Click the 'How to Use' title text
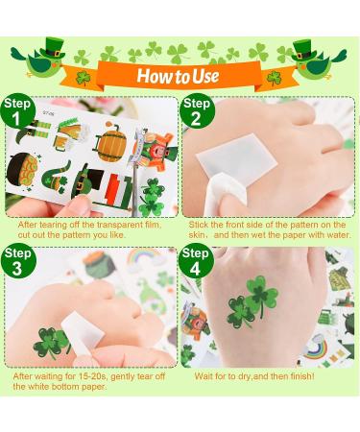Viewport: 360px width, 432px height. (180, 76)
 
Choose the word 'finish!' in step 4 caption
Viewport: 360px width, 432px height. (306, 376)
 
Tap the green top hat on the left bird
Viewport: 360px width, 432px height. (50, 44)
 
